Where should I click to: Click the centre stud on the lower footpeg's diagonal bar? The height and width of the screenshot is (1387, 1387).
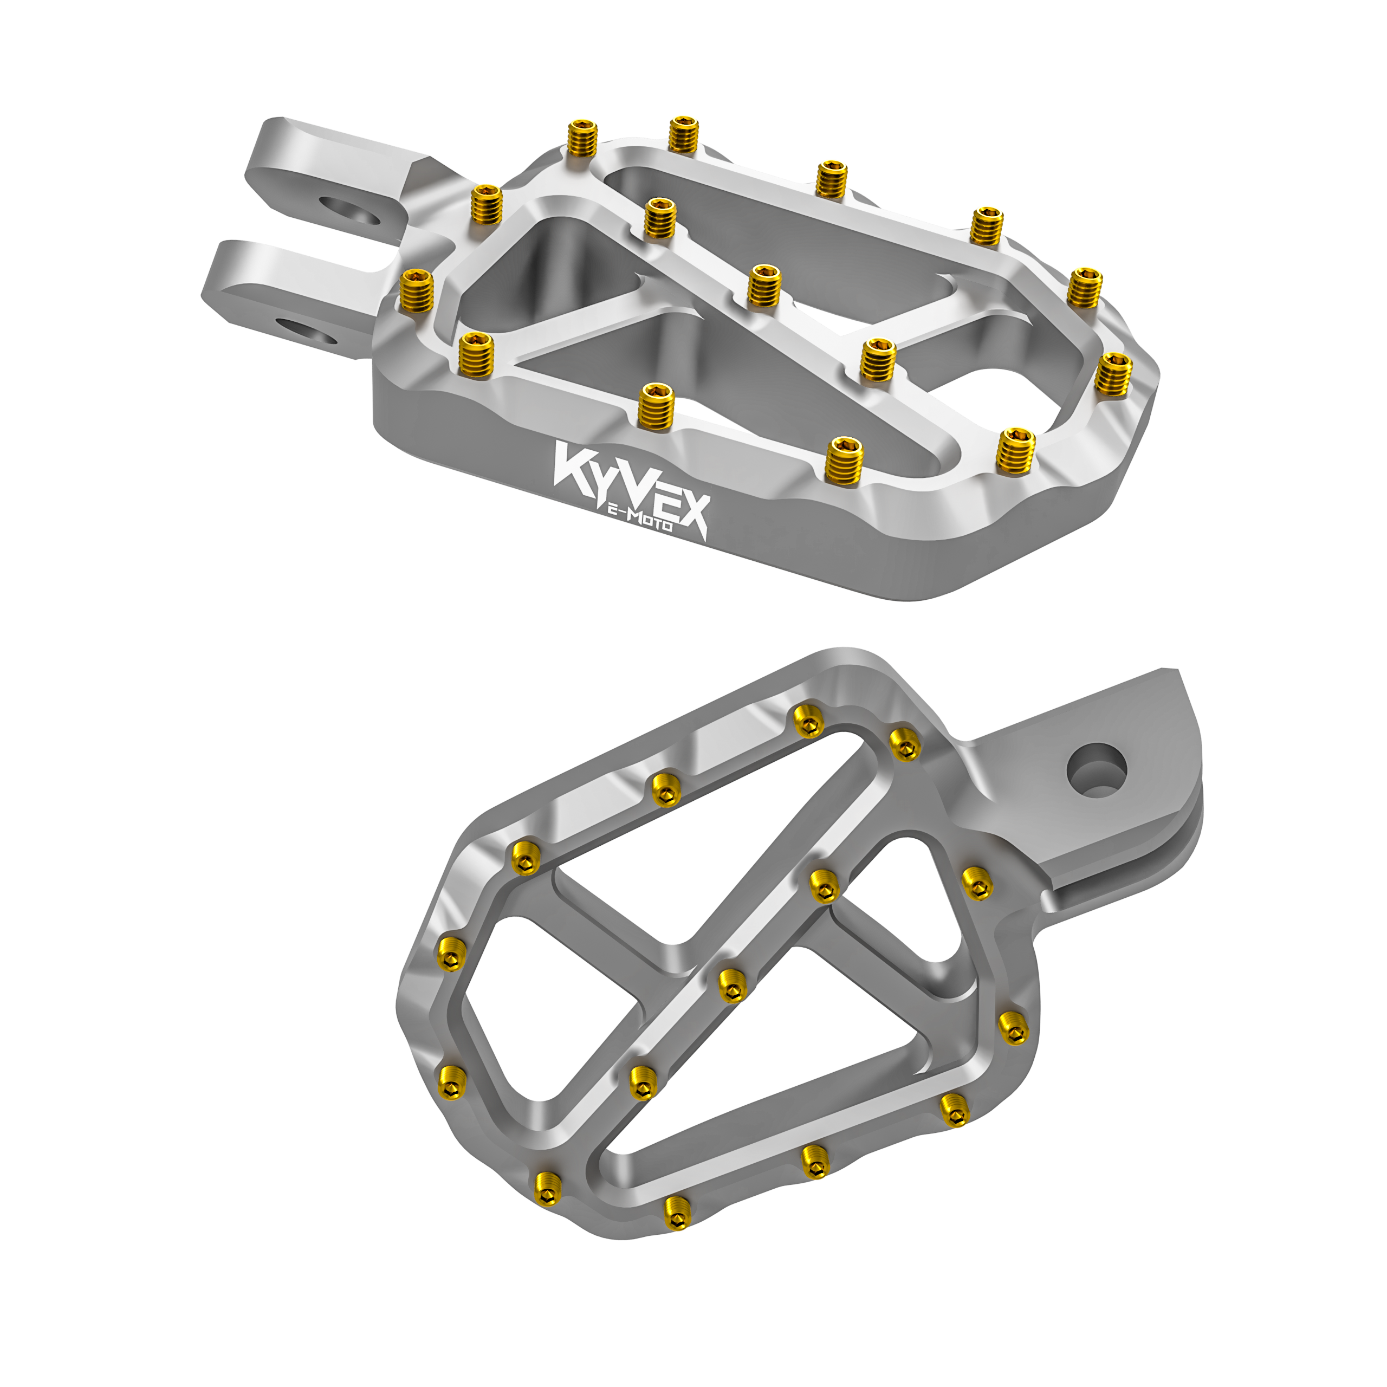pyautogui.click(x=731, y=983)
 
